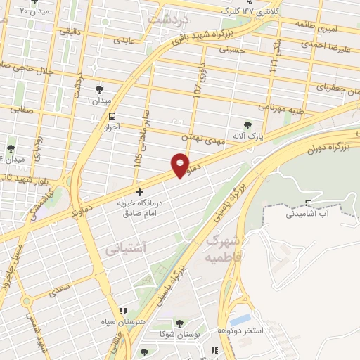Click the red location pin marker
[x=181, y=165]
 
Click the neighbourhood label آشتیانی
[x=125, y=248]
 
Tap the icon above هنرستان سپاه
[x=124, y=310]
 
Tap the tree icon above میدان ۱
[x=99, y=89]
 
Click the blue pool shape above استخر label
[x=240, y=321]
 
